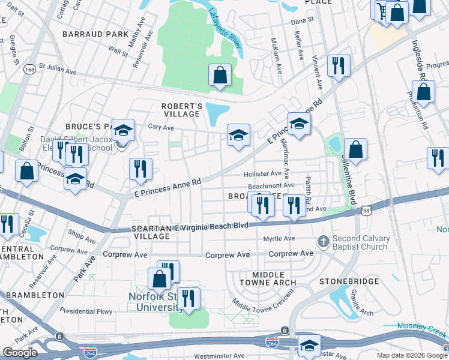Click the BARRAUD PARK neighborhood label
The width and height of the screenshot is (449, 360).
pos(94,34)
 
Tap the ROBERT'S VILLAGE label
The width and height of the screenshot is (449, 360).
pos(180,110)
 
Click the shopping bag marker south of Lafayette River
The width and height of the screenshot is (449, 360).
pos(220,76)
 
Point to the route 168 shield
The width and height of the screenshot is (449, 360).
pos(28,70)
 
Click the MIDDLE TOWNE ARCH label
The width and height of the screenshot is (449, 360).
pos(268,278)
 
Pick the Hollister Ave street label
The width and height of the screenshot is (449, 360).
pos(262,173)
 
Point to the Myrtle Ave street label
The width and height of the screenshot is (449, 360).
pos(279,239)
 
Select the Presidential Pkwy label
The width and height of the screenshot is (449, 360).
pos(86,311)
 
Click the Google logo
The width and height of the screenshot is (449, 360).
pos(20,353)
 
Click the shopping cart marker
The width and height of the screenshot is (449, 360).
pos(382,10)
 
